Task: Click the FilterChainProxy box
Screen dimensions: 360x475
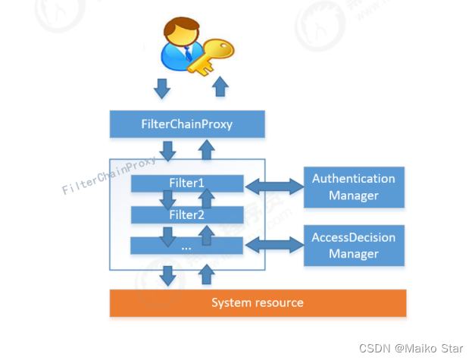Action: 187,124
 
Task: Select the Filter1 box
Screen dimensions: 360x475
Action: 187,183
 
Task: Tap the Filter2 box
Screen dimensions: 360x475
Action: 187,214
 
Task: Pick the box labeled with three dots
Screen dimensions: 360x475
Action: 187,246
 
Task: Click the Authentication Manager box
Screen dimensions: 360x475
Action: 354,187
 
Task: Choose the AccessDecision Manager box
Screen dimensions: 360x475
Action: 354,246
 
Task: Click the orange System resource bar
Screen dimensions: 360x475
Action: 258,302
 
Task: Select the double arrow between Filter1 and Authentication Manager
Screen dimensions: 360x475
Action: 273,183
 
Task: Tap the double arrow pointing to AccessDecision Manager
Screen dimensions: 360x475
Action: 273,245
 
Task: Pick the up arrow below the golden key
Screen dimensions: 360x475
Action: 220,86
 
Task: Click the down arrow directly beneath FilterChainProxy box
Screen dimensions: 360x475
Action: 168,150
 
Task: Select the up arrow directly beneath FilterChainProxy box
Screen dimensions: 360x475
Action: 205,150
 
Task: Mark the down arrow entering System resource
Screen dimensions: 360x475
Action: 168,275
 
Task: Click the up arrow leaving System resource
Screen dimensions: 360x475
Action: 205,274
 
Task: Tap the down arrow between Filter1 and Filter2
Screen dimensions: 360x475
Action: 168,200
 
